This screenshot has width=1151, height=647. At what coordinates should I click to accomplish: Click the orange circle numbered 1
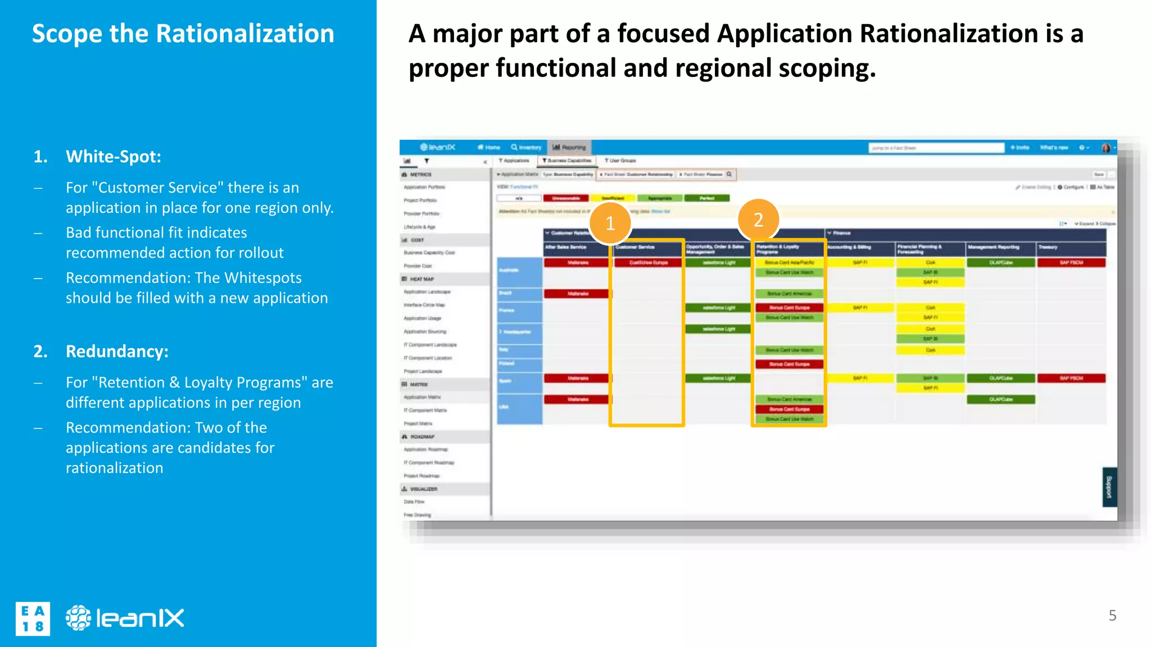[610, 224]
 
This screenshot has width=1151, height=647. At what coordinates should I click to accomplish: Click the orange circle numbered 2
[758, 220]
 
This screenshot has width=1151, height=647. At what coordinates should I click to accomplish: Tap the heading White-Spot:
[114, 156]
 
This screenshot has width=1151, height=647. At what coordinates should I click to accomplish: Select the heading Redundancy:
[117, 351]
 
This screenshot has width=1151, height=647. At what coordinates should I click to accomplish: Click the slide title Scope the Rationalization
[183, 34]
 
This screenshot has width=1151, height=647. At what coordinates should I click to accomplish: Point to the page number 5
[1112, 616]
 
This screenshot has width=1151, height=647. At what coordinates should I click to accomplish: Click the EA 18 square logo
[33, 619]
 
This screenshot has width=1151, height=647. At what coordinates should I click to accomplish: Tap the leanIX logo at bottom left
[125, 618]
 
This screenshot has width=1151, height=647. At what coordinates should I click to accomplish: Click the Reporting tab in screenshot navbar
[569, 147]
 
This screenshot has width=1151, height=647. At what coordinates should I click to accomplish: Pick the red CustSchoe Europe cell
[648, 262]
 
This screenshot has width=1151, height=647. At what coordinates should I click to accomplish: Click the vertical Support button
[1109, 487]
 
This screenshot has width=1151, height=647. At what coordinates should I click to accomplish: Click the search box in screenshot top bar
[936, 148]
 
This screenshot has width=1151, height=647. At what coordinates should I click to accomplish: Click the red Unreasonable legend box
[566, 198]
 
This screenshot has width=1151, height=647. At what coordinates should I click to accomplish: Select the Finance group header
[841, 233]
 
